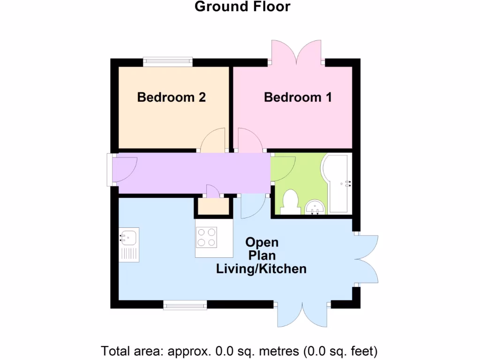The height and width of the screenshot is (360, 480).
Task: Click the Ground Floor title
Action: [x=242, y=7]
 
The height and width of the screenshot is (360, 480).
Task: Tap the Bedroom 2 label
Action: [x=172, y=97]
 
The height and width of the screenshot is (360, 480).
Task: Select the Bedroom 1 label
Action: [x=298, y=97]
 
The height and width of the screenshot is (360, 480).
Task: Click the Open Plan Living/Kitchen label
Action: [x=262, y=255]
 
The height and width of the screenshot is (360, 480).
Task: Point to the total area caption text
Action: [x=240, y=351]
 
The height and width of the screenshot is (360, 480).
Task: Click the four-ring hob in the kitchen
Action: [x=207, y=237]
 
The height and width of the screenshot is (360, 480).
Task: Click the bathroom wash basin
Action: [x=315, y=206]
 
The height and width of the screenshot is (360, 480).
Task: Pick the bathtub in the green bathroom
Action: [x=337, y=183]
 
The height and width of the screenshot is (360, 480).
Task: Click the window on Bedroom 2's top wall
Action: [x=168, y=61]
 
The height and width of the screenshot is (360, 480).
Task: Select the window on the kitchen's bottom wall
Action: [x=185, y=306]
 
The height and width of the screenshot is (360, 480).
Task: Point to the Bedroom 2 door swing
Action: [x=213, y=141]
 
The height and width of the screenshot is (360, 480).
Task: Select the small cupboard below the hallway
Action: [x=213, y=207]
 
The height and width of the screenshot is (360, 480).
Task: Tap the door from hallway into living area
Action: [x=252, y=206]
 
